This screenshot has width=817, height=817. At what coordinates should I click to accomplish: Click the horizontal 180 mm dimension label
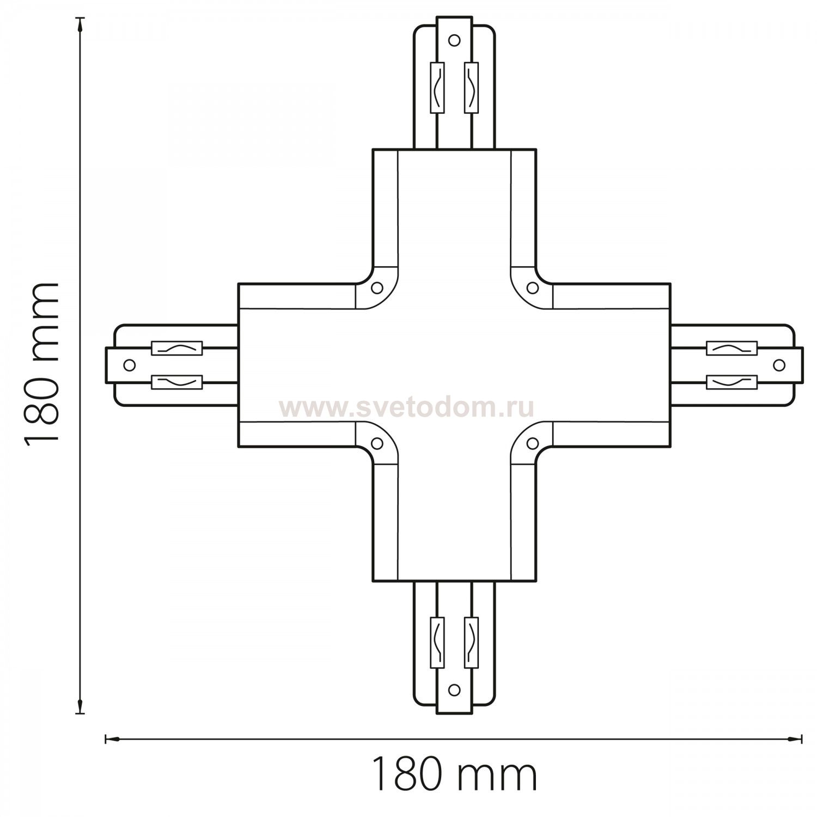point(454,774)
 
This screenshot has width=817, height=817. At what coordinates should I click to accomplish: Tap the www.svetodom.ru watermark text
point(406,406)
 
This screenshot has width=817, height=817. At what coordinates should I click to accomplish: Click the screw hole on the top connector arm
point(453,39)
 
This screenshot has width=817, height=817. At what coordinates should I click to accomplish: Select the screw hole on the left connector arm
point(129,365)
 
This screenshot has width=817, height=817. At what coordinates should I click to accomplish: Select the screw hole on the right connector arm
point(779,364)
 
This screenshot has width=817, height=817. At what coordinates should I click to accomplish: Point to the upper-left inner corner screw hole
point(376,286)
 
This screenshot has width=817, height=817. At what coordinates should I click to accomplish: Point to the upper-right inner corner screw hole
point(532,286)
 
